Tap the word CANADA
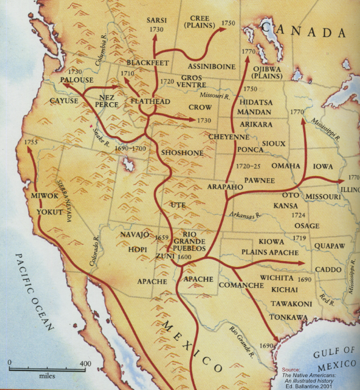(304, 31)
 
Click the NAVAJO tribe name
(134, 235)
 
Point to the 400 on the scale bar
(85, 364)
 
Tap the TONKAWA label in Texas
(288, 317)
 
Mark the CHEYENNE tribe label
(228, 136)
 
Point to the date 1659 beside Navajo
(162, 237)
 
